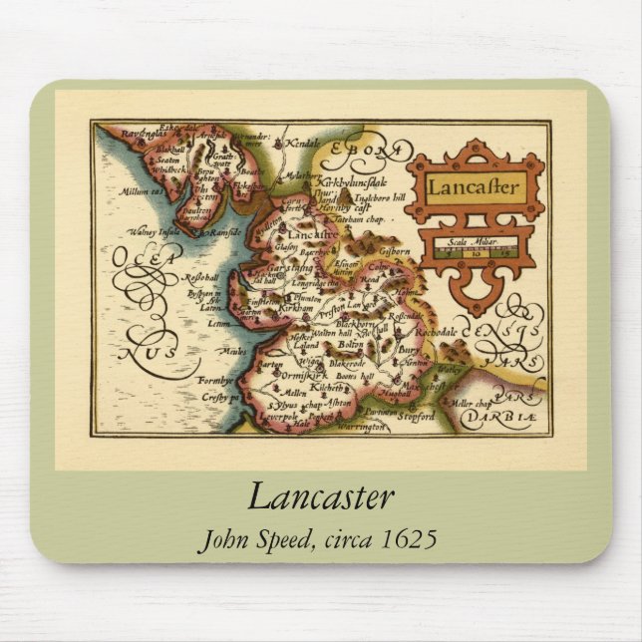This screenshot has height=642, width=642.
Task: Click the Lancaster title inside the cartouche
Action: click(x=476, y=186)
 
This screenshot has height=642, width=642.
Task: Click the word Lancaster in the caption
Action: click(x=320, y=497)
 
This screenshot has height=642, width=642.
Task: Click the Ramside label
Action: click(x=227, y=232)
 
